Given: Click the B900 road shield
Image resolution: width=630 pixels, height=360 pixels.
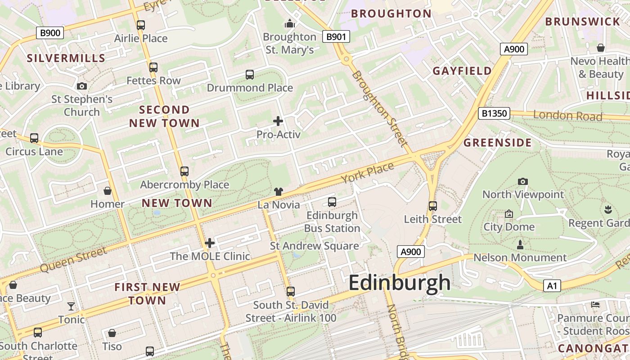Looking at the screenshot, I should click(50, 32).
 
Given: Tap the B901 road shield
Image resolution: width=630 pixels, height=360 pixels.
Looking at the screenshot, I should click(336, 37).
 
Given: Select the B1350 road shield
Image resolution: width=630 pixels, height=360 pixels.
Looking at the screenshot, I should click(494, 113).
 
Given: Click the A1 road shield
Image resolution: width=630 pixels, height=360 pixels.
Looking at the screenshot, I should click(552, 285).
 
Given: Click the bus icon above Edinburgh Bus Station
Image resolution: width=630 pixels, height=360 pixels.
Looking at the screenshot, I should click(332, 202).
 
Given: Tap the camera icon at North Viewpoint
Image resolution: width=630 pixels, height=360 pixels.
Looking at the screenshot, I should click(522, 181).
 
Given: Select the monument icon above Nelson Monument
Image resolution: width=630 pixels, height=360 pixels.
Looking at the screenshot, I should click(520, 245).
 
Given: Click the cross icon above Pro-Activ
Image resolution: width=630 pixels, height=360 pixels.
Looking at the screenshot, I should click(278, 121).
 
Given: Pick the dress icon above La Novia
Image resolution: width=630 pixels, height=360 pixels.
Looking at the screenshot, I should click(278, 192).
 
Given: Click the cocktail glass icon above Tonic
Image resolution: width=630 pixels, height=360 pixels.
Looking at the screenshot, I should click(71, 306).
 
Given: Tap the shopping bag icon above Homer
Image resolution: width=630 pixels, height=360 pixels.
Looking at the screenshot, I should click(108, 191).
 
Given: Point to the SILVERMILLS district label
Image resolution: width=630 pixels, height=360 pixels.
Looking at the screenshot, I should click(66, 58).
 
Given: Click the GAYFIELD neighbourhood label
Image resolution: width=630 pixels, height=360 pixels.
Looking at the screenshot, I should click(462, 71).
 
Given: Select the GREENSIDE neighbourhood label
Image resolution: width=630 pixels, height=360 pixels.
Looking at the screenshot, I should click(498, 143).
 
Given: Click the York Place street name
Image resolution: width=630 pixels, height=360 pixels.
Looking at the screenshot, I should click(367, 173).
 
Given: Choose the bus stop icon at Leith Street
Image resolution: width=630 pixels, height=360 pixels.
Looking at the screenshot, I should click(433, 206).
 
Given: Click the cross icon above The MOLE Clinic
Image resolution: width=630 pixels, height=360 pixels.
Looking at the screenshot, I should click(210, 243).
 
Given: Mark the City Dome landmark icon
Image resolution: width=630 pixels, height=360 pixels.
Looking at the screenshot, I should click(509, 214).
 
